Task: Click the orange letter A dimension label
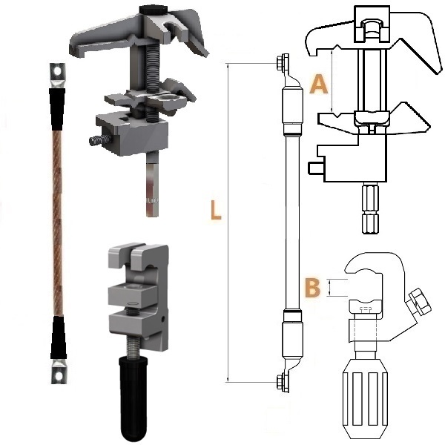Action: click(318, 84)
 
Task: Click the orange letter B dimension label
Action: click(312, 288)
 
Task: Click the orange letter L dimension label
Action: click(216, 210)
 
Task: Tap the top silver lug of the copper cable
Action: click(58, 76)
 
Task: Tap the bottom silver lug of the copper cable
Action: click(59, 372)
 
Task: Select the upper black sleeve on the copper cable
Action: click(57, 109)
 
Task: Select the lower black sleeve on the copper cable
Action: click(59, 337)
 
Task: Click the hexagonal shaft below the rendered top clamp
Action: click(152, 184)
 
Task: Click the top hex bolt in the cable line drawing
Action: click(283, 62)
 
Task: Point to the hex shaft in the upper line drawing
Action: click(370, 208)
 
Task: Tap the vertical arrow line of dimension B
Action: click(329, 288)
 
